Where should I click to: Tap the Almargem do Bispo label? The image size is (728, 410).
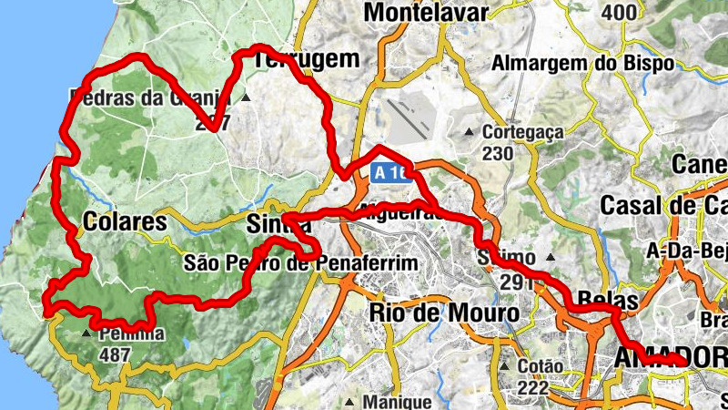click(582, 63)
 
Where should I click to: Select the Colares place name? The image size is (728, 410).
click(125, 221)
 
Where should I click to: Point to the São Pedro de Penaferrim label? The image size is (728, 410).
click(300, 263)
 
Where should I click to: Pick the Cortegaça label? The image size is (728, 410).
click(523, 132)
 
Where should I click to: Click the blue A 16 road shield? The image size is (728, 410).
click(389, 171)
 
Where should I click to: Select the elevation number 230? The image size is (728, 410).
click(498, 153)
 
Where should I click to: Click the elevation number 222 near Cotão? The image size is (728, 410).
click(531, 387)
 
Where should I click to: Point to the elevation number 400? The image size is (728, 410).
click(619, 12)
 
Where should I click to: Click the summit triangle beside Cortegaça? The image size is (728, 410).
click(469, 133)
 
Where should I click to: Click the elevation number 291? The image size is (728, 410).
click(516, 282)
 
